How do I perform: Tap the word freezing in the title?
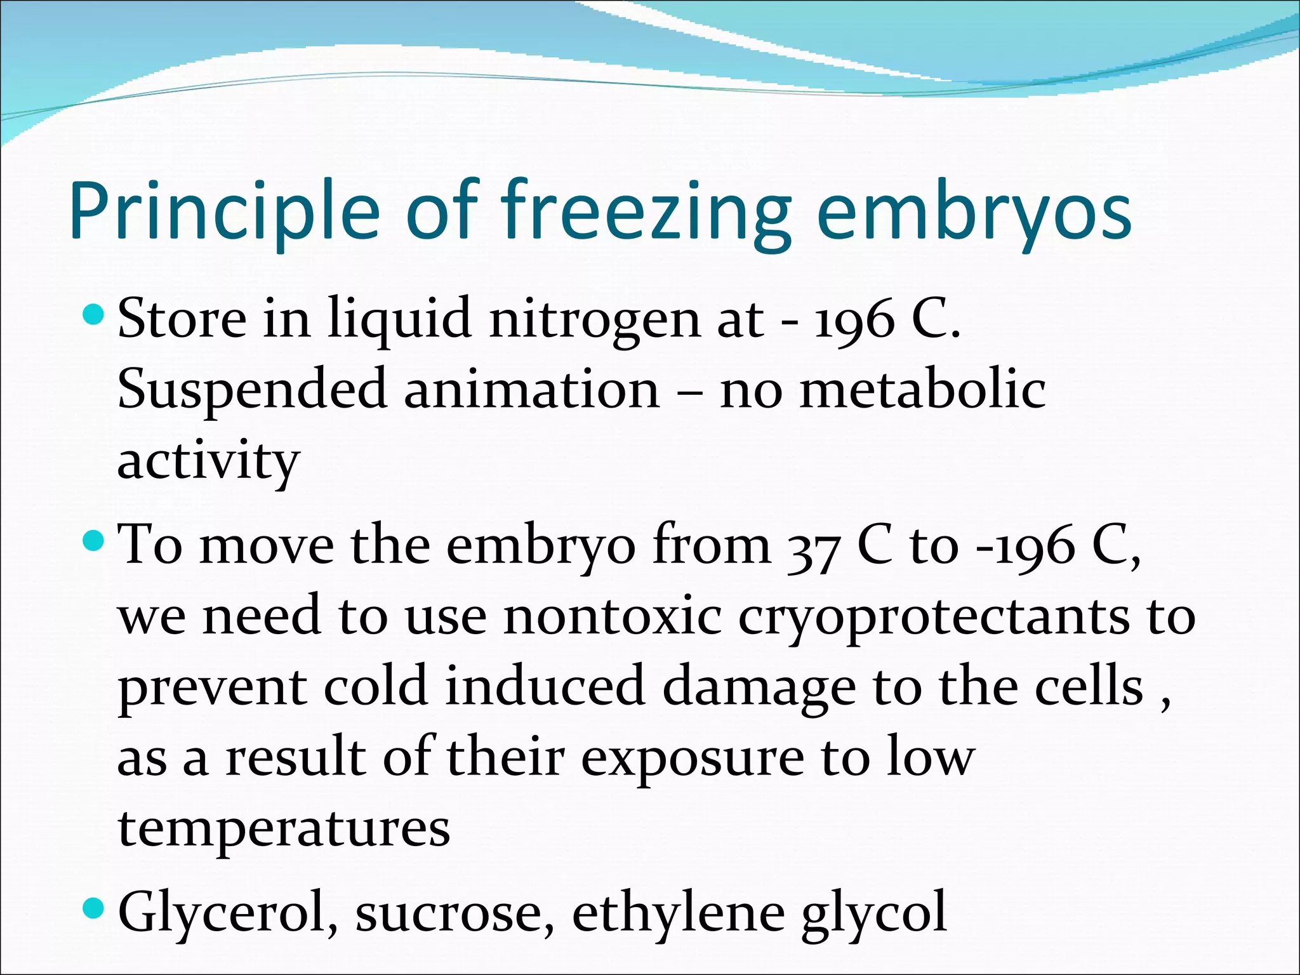click(646, 211)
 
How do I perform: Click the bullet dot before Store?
click(93, 313)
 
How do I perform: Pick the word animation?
click(532, 390)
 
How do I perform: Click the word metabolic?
click(922, 390)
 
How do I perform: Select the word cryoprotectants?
click(934, 618)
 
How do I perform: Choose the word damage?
click(759, 688)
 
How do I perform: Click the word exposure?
click(693, 759)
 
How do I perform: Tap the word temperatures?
click(284, 829)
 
